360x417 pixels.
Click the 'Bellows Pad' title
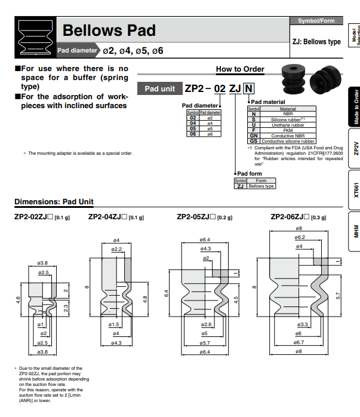click(109, 30)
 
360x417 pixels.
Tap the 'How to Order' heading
click(239, 69)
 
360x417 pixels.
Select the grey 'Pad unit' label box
click(160, 89)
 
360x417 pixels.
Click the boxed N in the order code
click(248, 89)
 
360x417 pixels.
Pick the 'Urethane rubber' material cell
click(288, 125)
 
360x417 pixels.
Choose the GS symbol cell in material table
click(253, 141)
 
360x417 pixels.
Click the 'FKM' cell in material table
click(288, 130)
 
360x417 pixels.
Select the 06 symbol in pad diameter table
click(193, 134)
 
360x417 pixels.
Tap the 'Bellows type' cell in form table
click(261, 186)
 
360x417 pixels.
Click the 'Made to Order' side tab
click(355, 107)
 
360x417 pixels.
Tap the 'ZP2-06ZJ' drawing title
click(291, 217)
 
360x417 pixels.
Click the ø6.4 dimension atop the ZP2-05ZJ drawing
click(205, 241)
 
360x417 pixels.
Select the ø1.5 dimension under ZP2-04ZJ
click(115, 324)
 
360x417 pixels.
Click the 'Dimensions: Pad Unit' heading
click(54, 201)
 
